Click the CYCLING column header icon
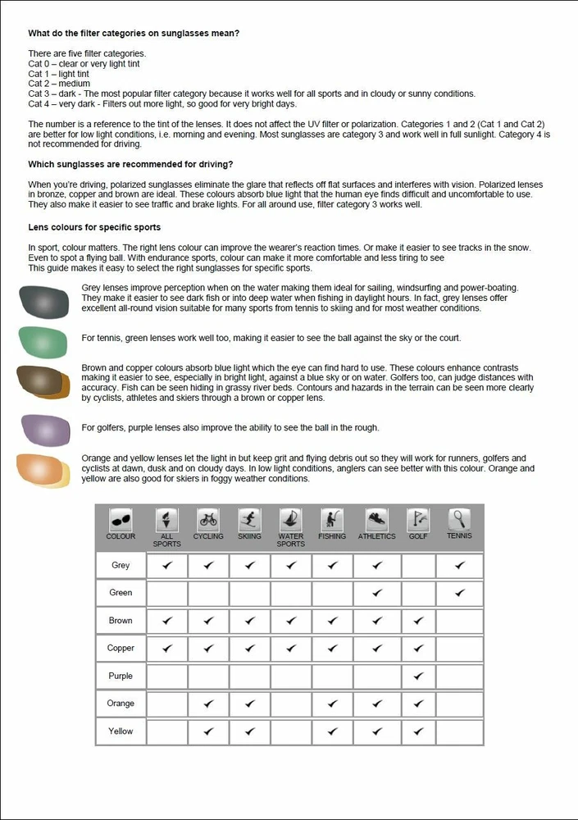click(208, 519)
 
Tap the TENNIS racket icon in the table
click(459, 519)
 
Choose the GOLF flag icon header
click(418, 519)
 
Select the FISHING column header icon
click(332, 519)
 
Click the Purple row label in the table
click(121, 676)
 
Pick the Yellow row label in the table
click(121, 731)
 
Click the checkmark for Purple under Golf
click(418, 676)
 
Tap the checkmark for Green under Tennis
click(459, 592)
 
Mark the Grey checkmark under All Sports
click(167, 565)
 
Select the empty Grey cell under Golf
click(418, 565)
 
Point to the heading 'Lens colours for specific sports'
click(94, 226)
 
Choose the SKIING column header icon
click(249, 519)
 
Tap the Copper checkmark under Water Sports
click(291, 648)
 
